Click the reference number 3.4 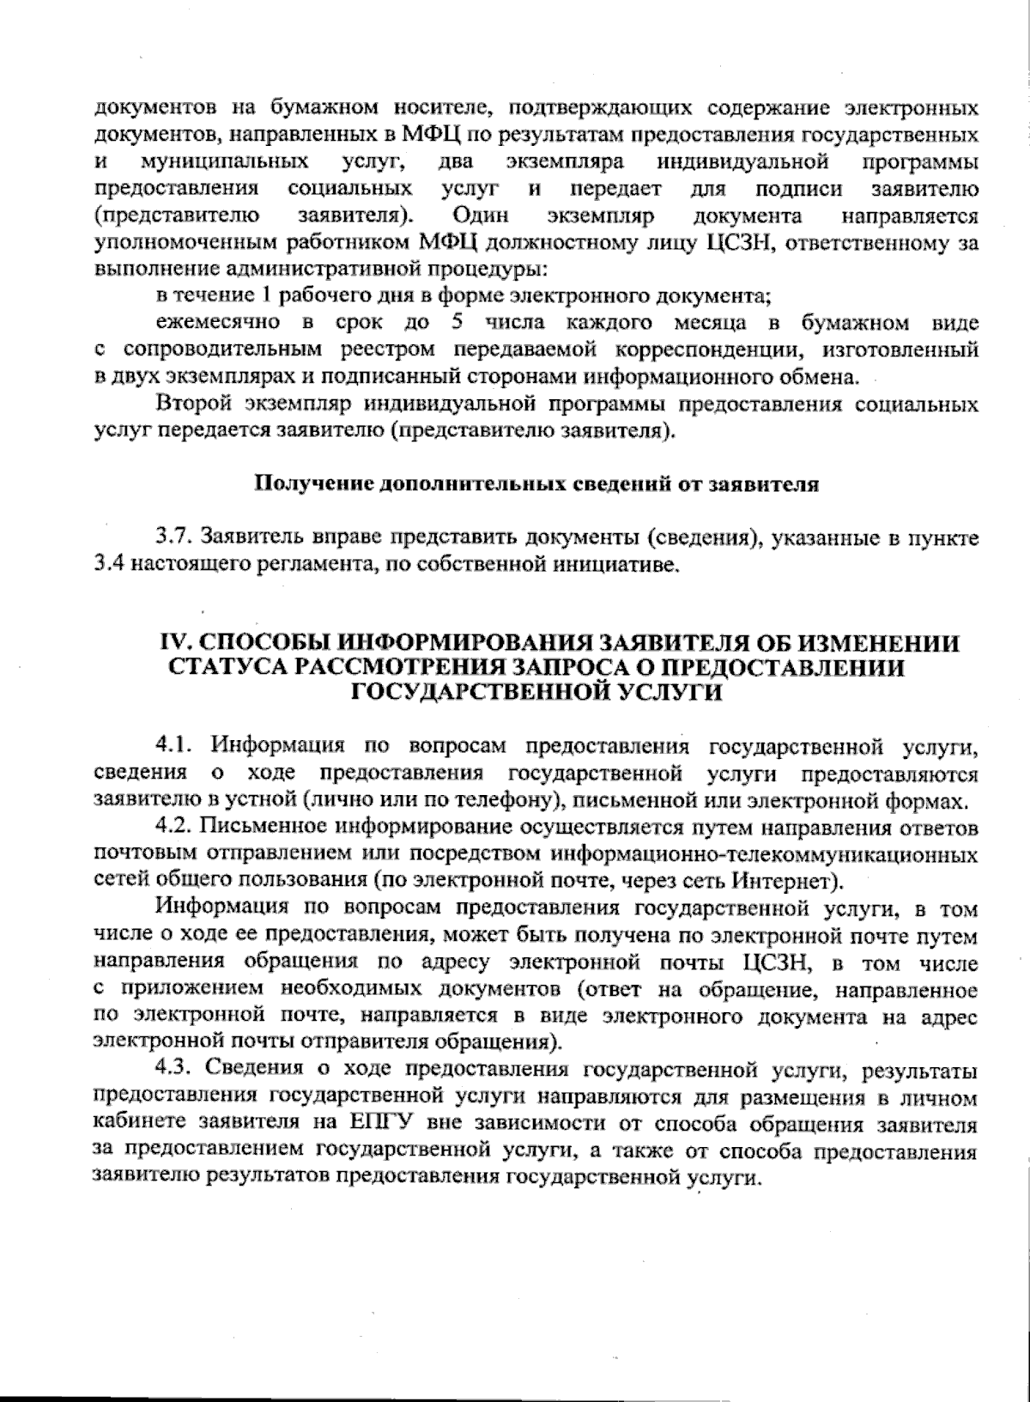point(107,565)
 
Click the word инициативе point(627,565)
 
